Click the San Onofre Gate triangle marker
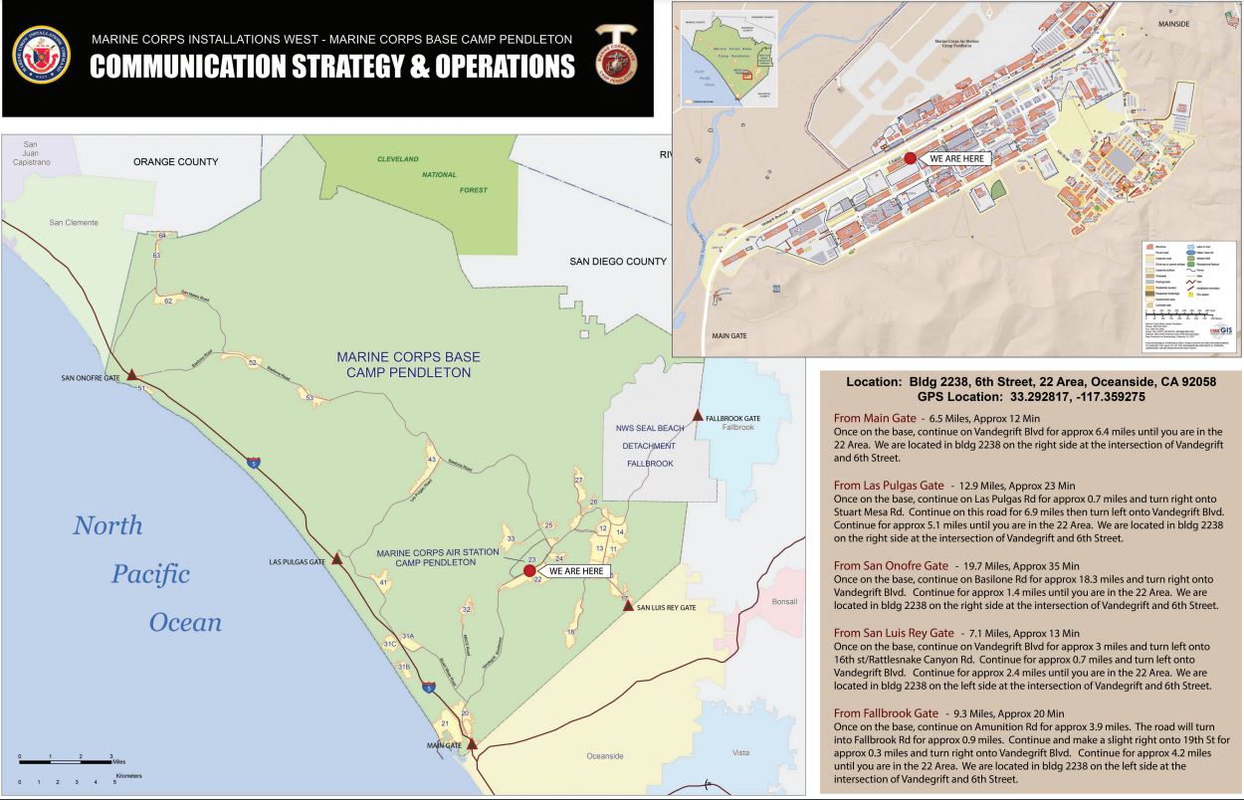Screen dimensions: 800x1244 click(x=130, y=375)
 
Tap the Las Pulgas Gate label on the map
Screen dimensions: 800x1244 click(x=298, y=562)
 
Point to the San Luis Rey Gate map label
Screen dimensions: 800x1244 click(x=666, y=607)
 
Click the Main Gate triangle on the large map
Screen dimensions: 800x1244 click(x=472, y=743)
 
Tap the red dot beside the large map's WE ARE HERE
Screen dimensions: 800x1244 click(x=529, y=571)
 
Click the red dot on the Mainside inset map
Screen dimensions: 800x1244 click(x=910, y=158)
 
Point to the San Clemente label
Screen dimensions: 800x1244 click(x=74, y=223)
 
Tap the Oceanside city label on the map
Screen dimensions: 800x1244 click(x=604, y=756)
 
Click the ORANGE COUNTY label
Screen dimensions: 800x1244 click(x=176, y=161)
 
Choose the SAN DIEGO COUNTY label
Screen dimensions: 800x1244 click(x=617, y=262)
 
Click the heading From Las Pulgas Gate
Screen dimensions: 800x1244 click(x=889, y=485)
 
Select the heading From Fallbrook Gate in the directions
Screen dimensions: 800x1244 click(x=886, y=712)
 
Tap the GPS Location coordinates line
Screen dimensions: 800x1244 click(x=1031, y=396)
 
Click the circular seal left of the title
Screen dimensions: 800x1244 click(x=41, y=55)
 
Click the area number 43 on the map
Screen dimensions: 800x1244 click(x=431, y=460)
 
